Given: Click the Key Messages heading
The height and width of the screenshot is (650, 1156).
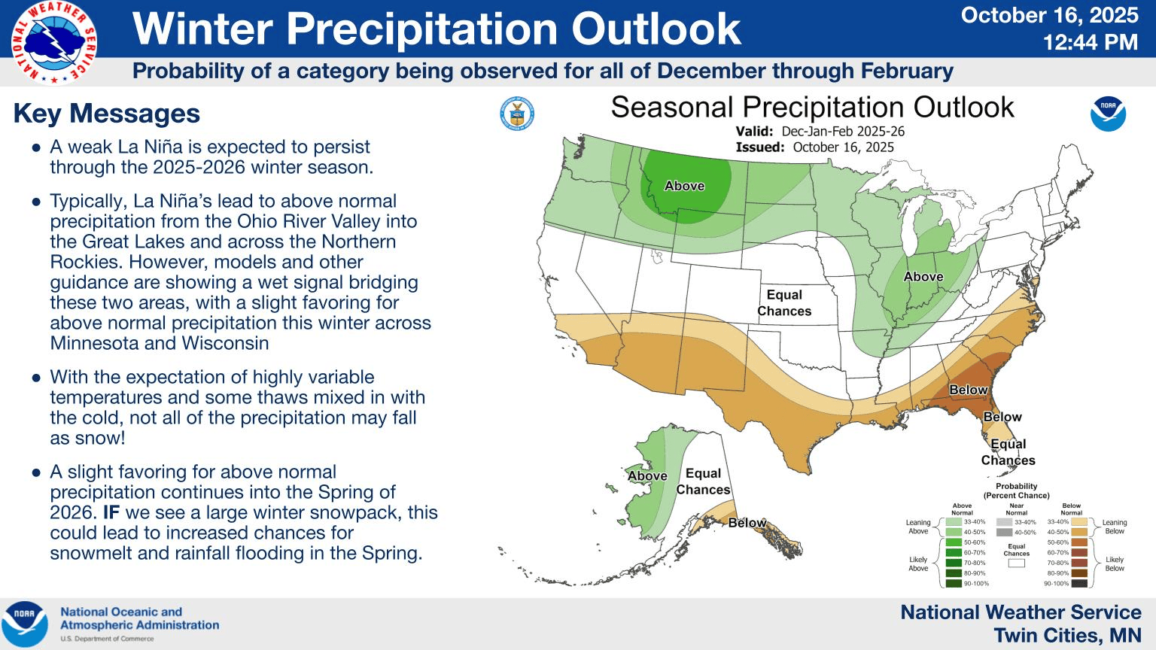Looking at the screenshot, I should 107,113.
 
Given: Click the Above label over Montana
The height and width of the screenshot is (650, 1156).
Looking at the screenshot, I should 684,186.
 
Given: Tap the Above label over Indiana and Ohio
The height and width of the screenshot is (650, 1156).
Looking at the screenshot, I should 923,277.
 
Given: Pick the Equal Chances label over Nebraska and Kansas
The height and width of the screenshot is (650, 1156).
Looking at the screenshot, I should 784,302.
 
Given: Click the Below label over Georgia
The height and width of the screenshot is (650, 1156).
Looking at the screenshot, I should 968,390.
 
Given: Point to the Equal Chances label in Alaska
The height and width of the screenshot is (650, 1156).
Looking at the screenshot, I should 703,481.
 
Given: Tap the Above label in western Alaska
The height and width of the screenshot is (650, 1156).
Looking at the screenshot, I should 647,475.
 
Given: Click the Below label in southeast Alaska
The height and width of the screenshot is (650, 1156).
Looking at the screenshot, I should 747,523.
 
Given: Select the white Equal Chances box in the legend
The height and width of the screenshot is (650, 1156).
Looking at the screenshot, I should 1016,563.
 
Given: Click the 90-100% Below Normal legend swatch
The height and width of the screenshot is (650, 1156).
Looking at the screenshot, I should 1079,583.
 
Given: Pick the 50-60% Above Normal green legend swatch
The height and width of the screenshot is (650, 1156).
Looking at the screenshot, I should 954,542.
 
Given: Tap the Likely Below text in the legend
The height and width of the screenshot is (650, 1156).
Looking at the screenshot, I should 1114,563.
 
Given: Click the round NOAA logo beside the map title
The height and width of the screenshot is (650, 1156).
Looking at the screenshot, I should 1108,114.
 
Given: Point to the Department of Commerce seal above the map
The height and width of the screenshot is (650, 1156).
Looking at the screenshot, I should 516,114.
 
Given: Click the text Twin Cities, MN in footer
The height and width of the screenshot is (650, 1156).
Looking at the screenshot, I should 1067,635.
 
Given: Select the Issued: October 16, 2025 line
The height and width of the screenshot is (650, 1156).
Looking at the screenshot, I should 814,147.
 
